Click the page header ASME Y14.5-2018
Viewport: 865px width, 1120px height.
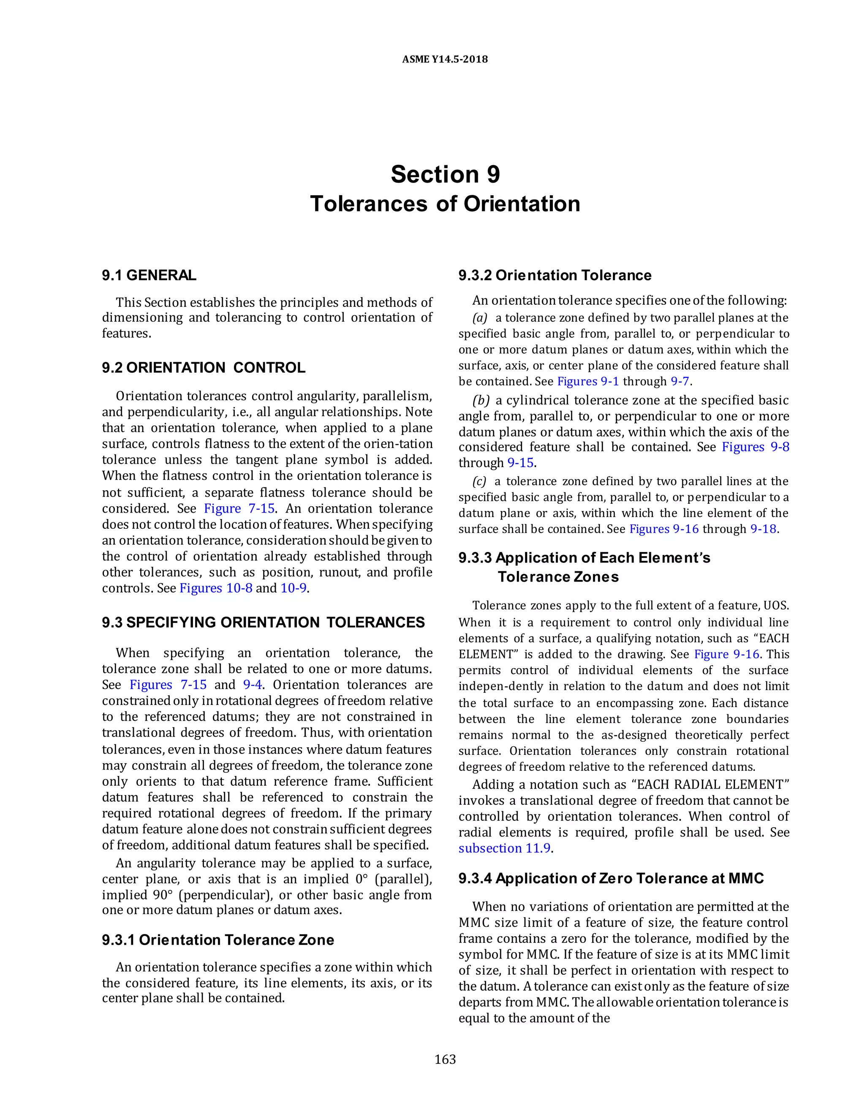(x=444, y=59)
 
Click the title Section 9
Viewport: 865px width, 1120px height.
(x=445, y=175)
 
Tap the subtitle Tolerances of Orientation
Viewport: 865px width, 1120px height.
(x=445, y=204)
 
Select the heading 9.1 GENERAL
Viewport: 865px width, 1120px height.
(x=149, y=276)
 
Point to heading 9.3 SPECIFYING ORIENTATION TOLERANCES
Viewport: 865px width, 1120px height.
(x=263, y=623)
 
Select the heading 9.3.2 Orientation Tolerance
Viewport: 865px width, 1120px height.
(x=555, y=276)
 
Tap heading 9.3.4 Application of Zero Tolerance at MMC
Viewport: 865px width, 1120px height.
(x=611, y=879)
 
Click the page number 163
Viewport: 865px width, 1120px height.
(x=445, y=1060)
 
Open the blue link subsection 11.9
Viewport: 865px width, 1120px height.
(x=504, y=848)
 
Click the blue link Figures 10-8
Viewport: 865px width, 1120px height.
(x=216, y=588)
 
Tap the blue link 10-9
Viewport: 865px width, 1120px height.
(x=294, y=588)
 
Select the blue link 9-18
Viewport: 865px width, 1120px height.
(x=763, y=529)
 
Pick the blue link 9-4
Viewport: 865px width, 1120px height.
(x=252, y=685)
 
